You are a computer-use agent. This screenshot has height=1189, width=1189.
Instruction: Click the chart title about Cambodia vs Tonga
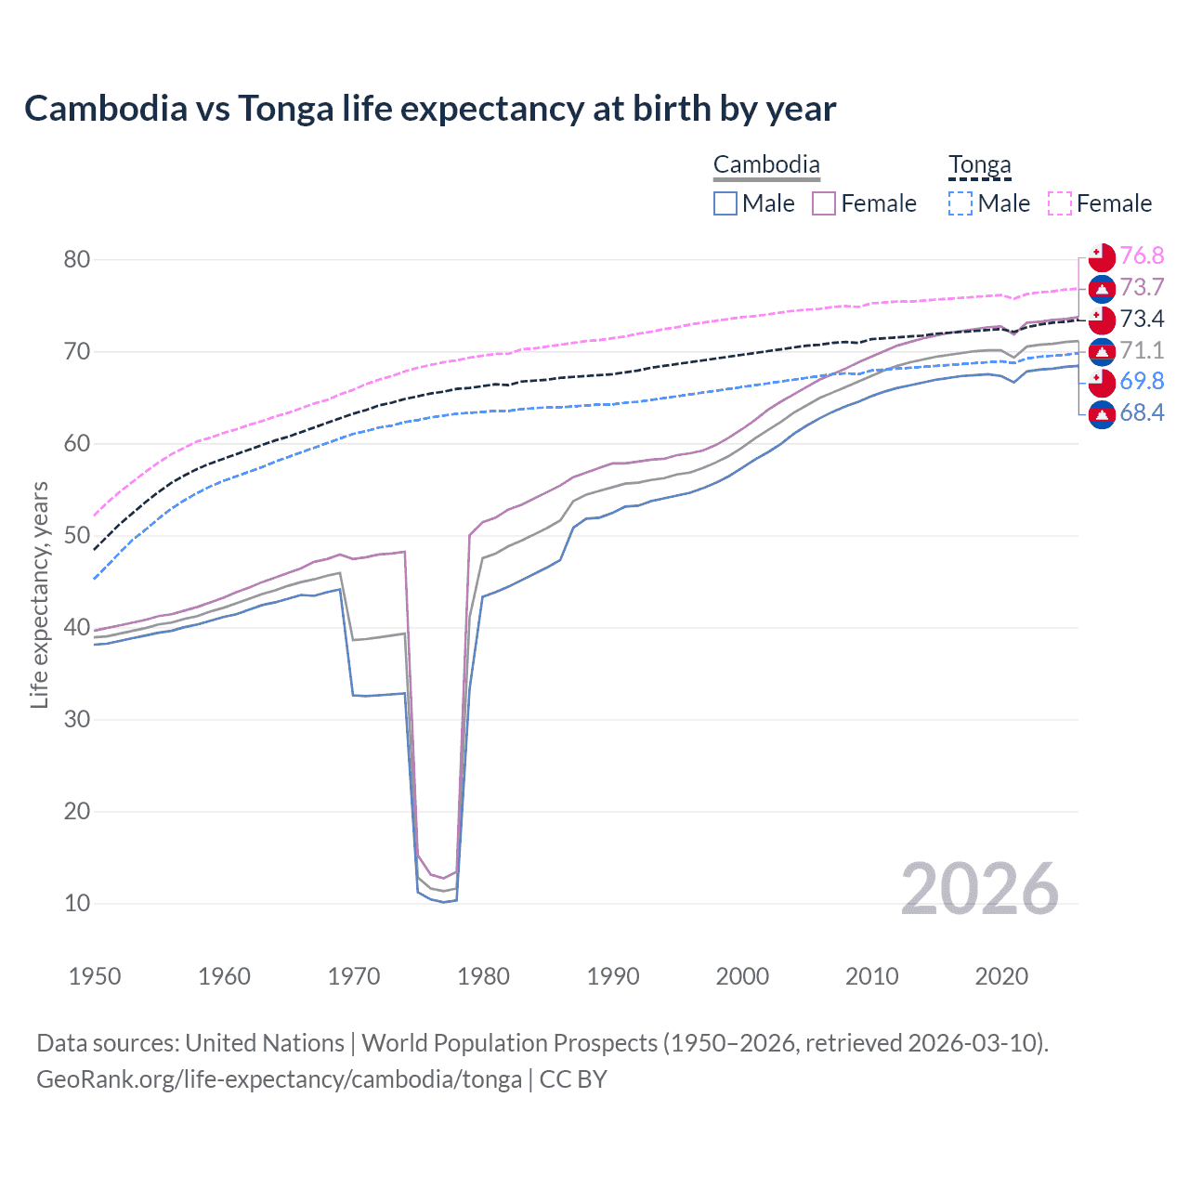pos(430,109)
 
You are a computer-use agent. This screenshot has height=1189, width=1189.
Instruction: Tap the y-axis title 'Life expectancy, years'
pos(39,594)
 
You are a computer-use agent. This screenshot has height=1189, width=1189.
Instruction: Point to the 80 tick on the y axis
pos(77,259)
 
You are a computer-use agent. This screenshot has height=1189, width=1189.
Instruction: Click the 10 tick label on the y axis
pos(77,903)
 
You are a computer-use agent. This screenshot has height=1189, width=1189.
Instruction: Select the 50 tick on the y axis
pos(77,535)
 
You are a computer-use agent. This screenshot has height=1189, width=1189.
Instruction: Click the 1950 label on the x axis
pos(95,976)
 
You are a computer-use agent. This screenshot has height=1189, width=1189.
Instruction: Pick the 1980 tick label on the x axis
pos(483,976)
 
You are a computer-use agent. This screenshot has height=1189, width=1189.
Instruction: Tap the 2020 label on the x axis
pos(1001,976)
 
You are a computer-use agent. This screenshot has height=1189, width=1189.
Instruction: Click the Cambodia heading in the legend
pos(766,165)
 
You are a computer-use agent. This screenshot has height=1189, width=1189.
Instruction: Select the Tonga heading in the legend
pos(979,165)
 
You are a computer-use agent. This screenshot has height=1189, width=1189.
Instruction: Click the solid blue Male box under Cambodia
pos(725,203)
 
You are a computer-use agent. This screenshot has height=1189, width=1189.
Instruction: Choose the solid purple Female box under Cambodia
pos(824,203)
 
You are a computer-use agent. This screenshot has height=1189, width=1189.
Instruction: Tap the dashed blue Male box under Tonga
pos(960,203)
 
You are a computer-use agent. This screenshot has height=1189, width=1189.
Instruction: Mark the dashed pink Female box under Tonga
pos(1060,203)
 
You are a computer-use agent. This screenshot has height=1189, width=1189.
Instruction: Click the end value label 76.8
pos(1142,256)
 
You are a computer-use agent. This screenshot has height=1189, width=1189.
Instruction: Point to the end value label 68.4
pos(1142,413)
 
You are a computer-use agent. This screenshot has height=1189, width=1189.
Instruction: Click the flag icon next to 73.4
pos(1102,320)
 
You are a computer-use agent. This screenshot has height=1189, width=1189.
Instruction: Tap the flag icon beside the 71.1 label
pos(1102,351)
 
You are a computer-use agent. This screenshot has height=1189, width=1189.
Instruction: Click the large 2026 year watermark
pos(979,889)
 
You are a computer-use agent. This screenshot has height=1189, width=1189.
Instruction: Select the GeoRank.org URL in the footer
pos(279,1079)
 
